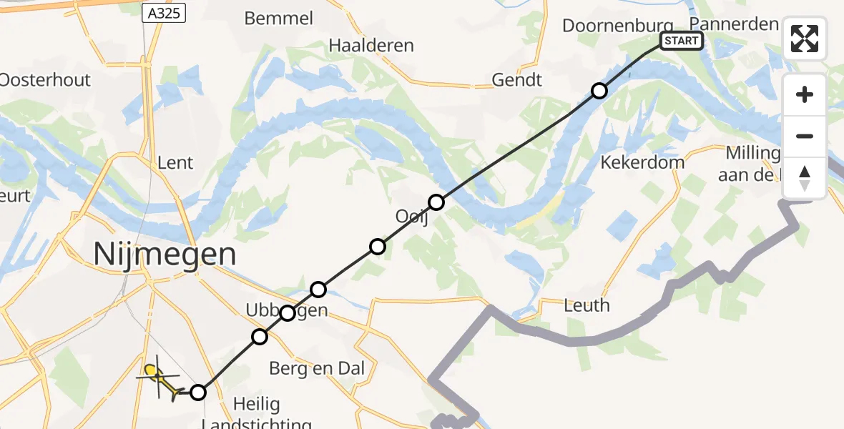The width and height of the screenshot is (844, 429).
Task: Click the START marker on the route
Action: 680,41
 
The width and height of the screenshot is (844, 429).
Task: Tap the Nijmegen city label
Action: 165,254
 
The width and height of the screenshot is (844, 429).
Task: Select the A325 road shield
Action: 165,13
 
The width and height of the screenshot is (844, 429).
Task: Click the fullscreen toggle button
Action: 805,39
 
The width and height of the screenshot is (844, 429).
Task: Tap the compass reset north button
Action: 805,178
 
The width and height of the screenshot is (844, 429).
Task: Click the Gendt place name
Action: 516,79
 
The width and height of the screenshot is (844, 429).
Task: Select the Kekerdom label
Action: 642,162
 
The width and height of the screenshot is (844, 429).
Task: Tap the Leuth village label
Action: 587,305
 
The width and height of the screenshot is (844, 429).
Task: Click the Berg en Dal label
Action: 317,369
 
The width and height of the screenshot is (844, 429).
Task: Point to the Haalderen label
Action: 371,46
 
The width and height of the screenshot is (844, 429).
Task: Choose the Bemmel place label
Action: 278,19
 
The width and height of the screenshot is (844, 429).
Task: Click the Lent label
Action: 175,162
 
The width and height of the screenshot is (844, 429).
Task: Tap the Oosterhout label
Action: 44,79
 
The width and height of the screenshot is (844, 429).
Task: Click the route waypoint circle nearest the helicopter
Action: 198,392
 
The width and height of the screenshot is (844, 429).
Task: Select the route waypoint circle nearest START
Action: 599,91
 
